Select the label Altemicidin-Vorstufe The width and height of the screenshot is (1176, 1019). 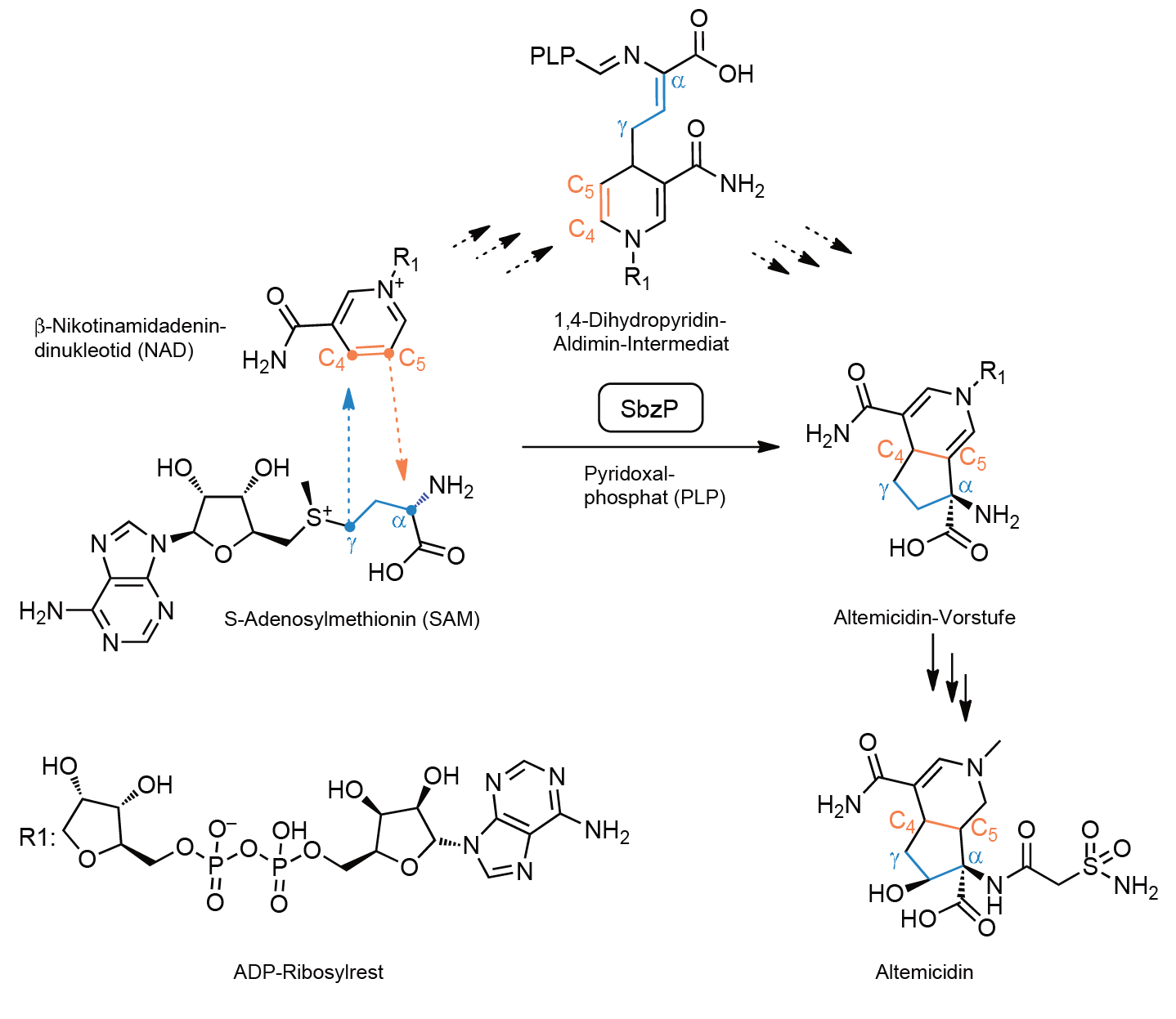pyautogui.click(x=925, y=617)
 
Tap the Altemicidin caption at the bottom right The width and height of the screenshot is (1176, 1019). pyautogui.click(x=924, y=972)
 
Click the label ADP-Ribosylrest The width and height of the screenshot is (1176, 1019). pyautogui.click(x=308, y=972)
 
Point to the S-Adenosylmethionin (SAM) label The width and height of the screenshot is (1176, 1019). pyautogui.click(x=352, y=619)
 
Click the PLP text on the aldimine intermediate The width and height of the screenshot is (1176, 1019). pyautogui.click(x=553, y=56)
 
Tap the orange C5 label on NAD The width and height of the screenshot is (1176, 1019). pyautogui.click(x=412, y=360)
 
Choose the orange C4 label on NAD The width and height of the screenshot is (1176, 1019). pyautogui.click(x=332, y=360)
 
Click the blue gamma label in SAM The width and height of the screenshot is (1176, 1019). pyautogui.click(x=352, y=545)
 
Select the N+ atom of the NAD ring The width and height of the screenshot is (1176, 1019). pyautogui.click(x=391, y=289)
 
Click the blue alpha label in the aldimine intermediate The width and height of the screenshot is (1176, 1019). pyautogui.click(x=678, y=82)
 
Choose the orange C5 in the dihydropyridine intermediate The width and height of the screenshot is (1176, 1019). pyautogui.click(x=581, y=186)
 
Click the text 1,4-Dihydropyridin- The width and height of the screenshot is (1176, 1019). pyautogui.click(x=640, y=320)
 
